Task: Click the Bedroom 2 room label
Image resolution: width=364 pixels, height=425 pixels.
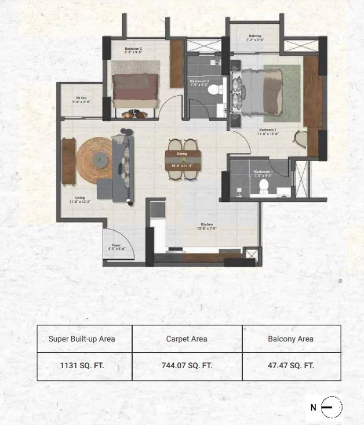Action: tap(133, 50)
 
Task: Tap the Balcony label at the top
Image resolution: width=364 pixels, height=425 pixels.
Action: tap(255, 37)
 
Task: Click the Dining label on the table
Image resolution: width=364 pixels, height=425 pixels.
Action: tap(182, 154)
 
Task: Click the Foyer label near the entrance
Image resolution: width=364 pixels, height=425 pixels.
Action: tap(115, 246)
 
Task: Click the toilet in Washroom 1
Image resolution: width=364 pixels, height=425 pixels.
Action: tap(263, 186)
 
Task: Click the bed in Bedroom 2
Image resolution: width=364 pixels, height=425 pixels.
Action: tap(136, 90)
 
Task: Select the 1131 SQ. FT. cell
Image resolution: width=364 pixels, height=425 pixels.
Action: tap(85, 366)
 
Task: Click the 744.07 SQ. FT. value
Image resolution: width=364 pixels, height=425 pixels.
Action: tap(187, 366)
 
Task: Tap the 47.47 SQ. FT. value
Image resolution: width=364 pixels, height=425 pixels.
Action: tap(291, 366)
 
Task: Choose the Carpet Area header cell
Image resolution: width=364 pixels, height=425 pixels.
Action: tap(187, 339)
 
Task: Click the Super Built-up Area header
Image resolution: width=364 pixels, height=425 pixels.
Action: tap(85, 339)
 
